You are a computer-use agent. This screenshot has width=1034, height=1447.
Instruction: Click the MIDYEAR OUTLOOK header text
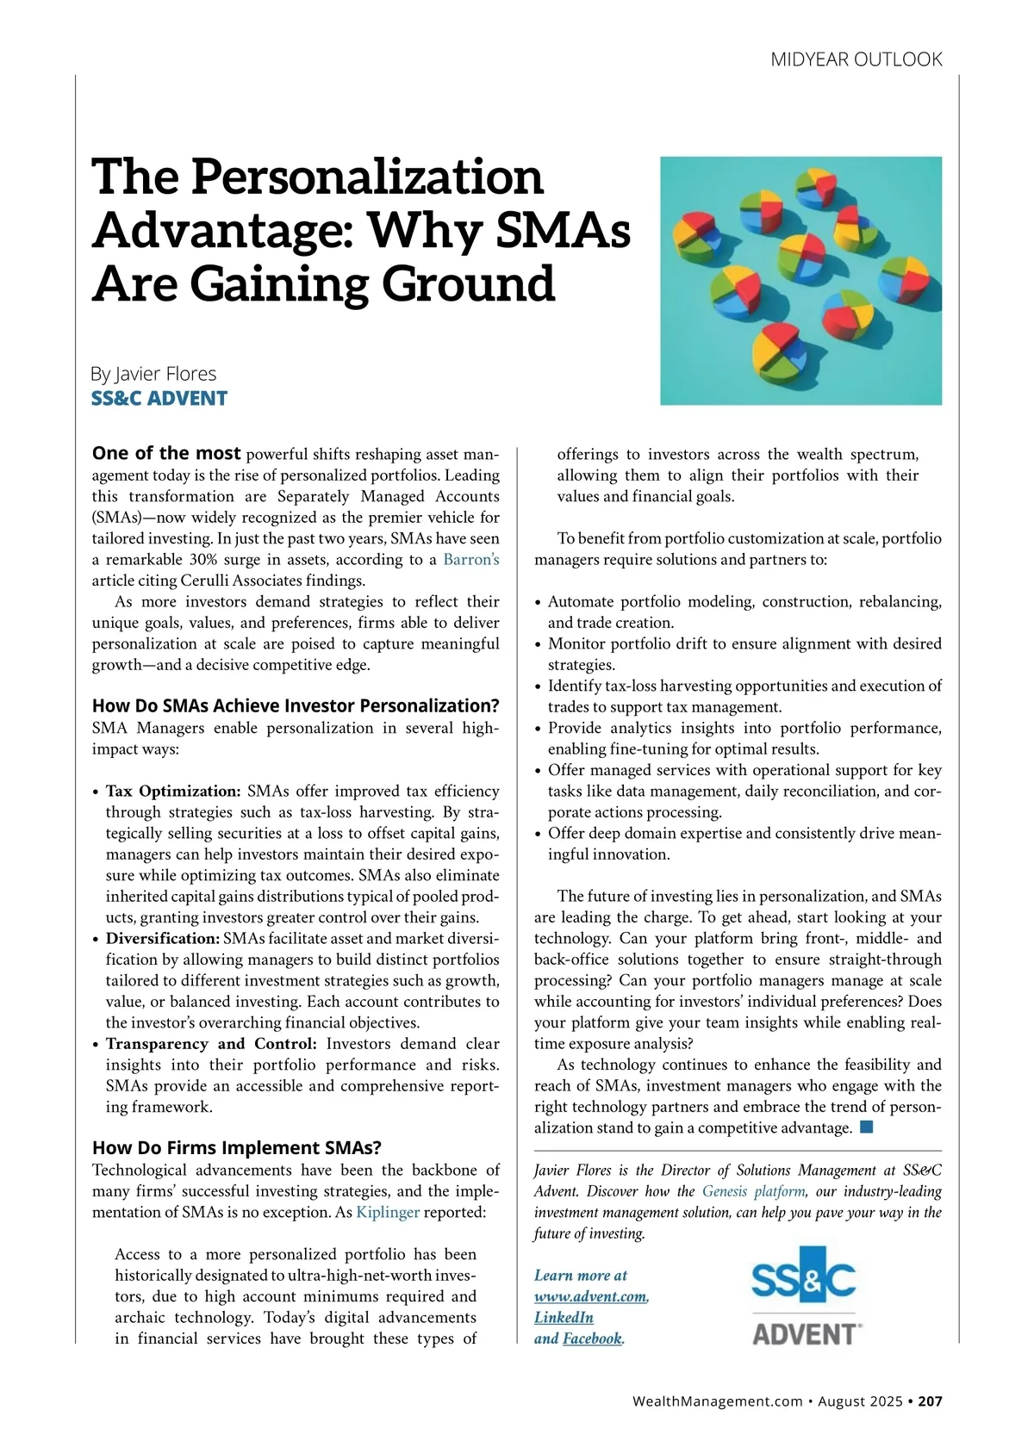tap(856, 59)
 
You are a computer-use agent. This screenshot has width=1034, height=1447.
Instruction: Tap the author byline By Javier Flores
tap(153, 374)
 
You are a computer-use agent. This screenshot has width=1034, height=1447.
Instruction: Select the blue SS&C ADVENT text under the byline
tap(159, 398)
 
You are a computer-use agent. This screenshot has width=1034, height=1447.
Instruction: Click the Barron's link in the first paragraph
tap(470, 560)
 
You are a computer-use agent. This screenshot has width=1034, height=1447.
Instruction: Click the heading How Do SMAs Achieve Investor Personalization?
tap(296, 705)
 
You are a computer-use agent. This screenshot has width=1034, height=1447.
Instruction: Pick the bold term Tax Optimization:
tap(173, 791)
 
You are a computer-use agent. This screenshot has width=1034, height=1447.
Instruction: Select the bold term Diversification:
tap(163, 938)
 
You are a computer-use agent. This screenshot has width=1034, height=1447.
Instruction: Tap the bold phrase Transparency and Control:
tap(211, 1044)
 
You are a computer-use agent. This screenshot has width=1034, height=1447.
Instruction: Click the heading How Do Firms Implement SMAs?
tap(236, 1147)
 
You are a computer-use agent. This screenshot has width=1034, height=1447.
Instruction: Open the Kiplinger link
tap(388, 1213)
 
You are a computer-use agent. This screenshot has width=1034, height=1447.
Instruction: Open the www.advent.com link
tap(590, 1296)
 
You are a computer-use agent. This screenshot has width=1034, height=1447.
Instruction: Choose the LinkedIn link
tap(564, 1317)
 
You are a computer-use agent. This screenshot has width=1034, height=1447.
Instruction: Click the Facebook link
tap(592, 1338)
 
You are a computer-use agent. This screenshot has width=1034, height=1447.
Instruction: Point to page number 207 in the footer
tap(930, 1401)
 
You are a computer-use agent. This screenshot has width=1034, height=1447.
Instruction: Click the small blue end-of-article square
tap(867, 1127)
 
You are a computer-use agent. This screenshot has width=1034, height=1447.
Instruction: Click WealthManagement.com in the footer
tap(717, 1401)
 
